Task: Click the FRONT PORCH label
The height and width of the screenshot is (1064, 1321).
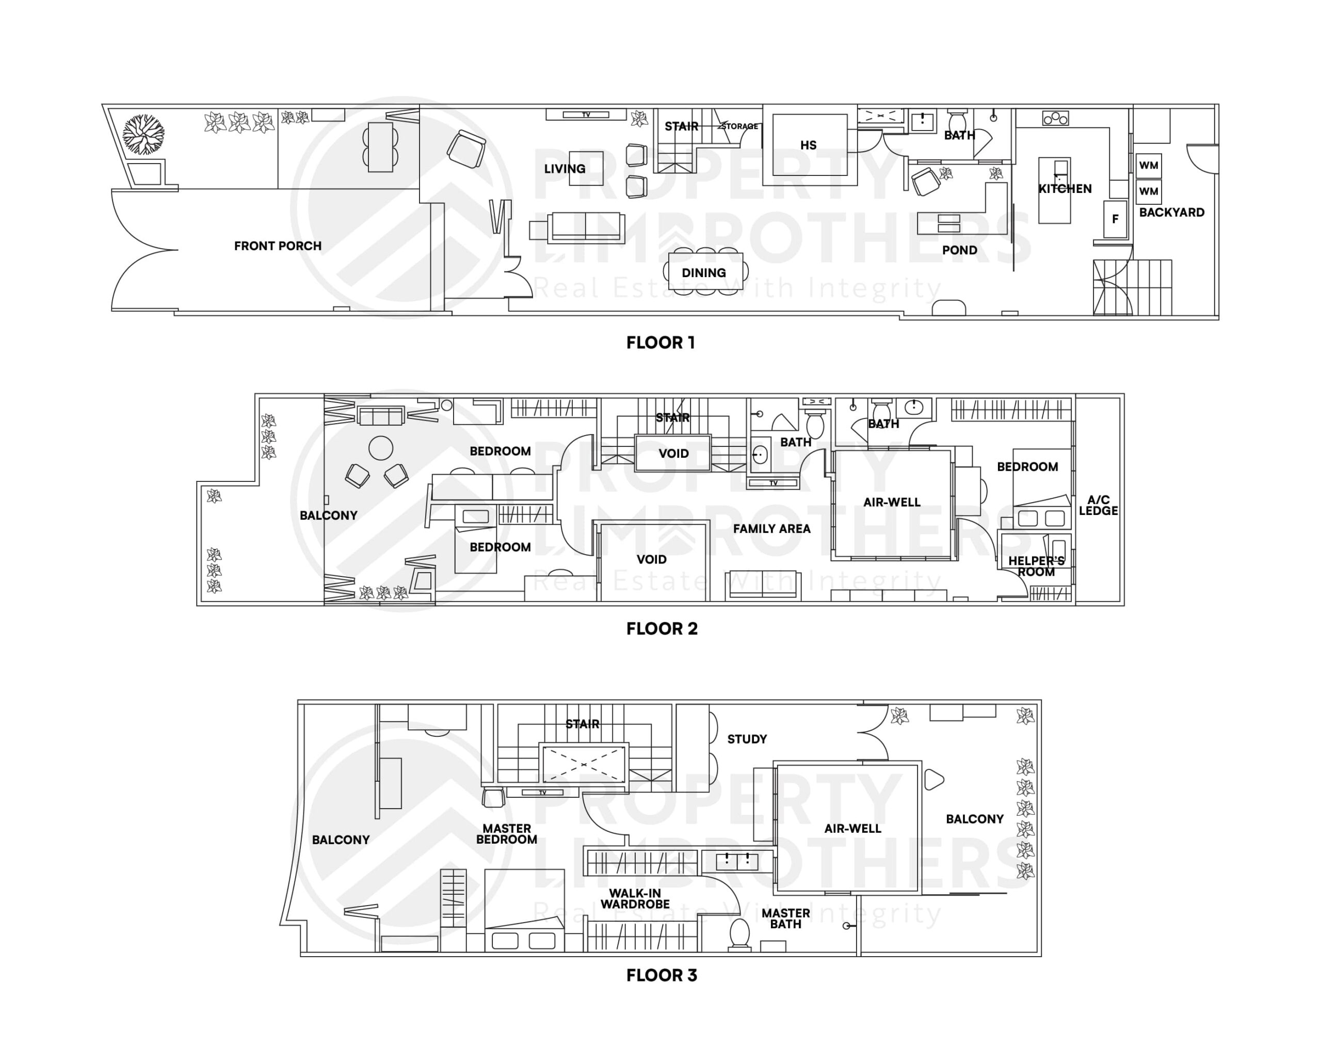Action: click(277, 246)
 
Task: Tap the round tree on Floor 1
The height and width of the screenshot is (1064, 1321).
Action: click(143, 134)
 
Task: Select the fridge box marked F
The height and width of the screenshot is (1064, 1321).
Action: click(1115, 219)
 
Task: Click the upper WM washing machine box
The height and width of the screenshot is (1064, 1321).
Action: click(1148, 166)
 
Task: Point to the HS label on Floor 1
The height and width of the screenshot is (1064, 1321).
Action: click(808, 146)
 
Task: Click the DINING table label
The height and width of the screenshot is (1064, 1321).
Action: click(704, 273)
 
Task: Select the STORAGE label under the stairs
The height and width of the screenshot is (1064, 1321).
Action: click(740, 126)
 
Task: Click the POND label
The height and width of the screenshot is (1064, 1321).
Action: click(959, 250)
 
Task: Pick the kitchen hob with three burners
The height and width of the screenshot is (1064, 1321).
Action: click(1055, 118)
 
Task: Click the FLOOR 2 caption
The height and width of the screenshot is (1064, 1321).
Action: click(662, 628)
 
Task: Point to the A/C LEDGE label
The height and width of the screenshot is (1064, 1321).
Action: click(1098, 505)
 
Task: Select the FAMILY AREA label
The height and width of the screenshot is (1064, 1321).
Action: click(771, 528)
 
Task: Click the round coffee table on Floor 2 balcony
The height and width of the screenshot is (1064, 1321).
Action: click(381, 448)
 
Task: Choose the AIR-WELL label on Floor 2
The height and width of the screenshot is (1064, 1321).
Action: click(891, 502)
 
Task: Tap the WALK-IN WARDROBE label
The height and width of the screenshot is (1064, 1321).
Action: click(635, 898)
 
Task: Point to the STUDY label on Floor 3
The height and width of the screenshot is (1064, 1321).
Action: click(747, 739)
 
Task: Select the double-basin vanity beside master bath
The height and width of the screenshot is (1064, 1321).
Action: click(737, 861)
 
